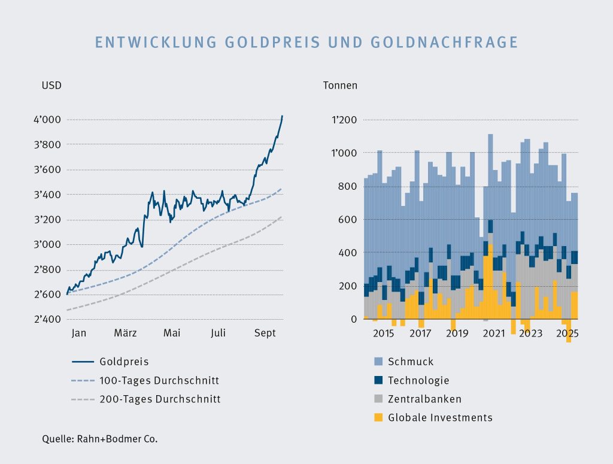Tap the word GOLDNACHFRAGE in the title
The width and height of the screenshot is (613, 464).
[x=444, y=43]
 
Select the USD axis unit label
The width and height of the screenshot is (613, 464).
[x=51, y=85]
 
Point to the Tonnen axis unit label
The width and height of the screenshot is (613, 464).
[x=340, y=85]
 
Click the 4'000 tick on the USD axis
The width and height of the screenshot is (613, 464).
[x=47, y=120]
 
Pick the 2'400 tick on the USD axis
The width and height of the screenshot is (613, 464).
[x=47, y=319]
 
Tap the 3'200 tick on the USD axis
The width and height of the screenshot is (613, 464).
[x=47, y=220]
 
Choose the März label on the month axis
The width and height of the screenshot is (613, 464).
[x=126, y=333]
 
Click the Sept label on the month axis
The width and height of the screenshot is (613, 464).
[x=264, y=333]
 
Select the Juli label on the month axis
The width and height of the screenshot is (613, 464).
[x=217, y=333]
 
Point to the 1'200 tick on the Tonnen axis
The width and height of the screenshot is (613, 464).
[x=344, y=120]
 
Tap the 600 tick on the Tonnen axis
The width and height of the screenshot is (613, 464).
[x=348, y=220]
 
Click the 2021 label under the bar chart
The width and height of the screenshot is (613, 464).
[x=494, y=333]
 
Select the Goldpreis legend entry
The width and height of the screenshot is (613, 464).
[x=124, y=362]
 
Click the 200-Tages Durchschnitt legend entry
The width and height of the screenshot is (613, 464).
[x=160, y=399]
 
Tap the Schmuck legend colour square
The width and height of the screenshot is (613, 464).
[x=378, y=362]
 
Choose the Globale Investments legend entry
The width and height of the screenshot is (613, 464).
[x=440, y=417]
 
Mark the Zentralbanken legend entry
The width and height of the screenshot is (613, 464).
[x=424, y=399]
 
